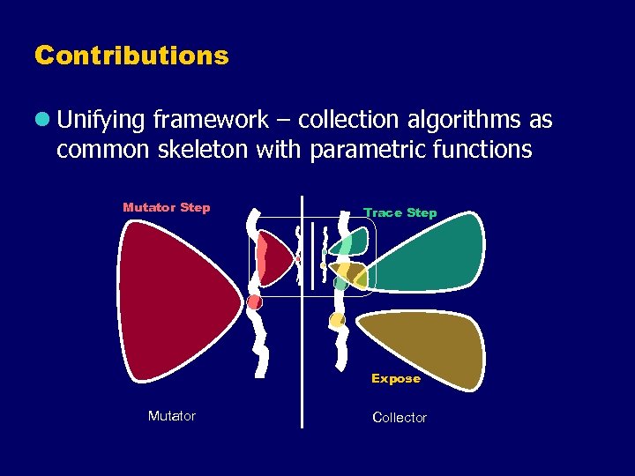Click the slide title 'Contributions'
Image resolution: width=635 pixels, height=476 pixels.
click(x=131, y=56)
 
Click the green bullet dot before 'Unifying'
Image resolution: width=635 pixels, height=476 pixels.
click(x=42, y=119)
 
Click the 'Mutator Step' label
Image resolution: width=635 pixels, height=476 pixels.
click(x=167, y=208)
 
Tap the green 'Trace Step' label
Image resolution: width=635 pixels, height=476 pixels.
click(x=400, y=213)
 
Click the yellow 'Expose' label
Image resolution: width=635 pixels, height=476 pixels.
click(x=396, y=379)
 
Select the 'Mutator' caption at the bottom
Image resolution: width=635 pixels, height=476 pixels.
click(x=172, y=416)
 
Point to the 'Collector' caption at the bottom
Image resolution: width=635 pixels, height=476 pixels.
click(x=400, y=418)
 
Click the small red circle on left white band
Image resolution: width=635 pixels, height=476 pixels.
click(x=255, y=302)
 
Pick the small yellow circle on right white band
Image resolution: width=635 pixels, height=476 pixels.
click(x=336, y=319)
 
